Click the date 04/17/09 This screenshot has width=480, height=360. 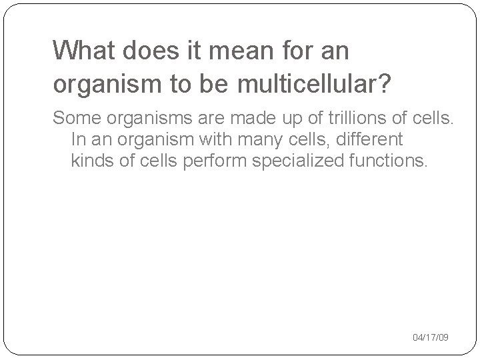(x=431, y=338)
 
